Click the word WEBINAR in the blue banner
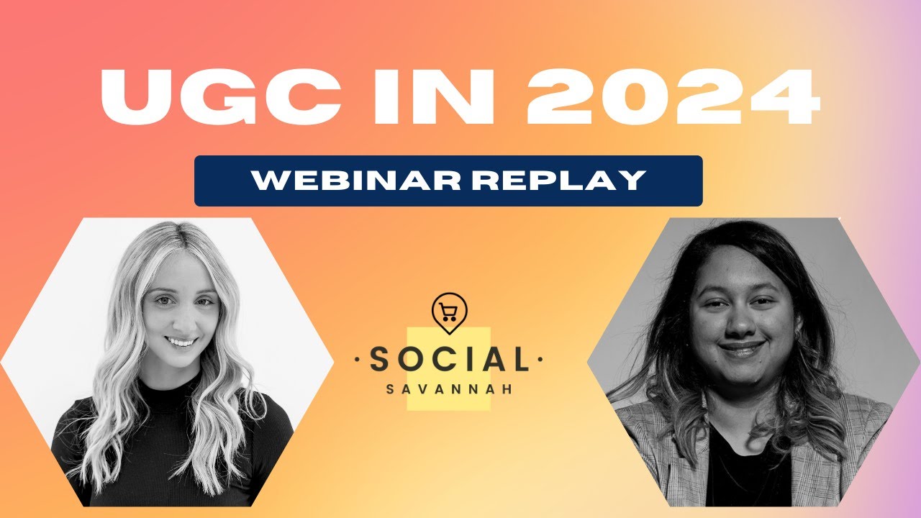pos(345,181)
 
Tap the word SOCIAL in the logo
pos(449,359)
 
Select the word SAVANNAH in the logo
pos(449,388)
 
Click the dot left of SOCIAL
pos(358,358)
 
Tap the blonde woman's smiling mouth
pos(181,342)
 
